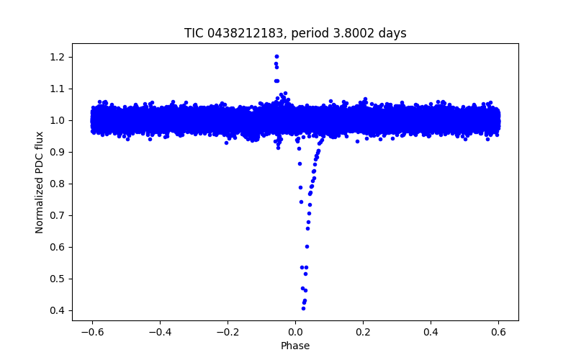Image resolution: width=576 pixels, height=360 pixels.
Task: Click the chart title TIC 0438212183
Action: (x=295, y=33)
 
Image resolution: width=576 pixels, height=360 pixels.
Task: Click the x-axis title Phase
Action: (x=295, y=346)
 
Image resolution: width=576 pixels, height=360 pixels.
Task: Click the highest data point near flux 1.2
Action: (x=276, y=56)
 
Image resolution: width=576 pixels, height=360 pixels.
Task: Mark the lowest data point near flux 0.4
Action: (x=303, y=308)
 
